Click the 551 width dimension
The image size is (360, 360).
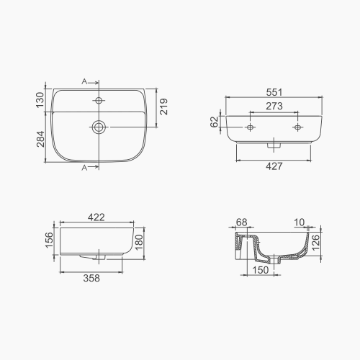point(272,92)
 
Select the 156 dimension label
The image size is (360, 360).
point(49,238)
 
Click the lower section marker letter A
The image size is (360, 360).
point(84,168)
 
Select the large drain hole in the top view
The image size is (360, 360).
point(99,127)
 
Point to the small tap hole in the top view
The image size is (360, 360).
point(99,100)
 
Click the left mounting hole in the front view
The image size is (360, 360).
point(249,127)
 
